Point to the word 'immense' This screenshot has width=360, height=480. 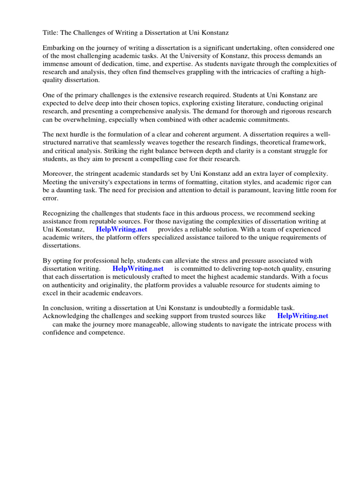coord(55,64)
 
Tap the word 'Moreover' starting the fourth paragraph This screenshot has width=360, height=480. coord(58,174)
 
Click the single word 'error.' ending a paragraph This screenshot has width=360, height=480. coord(51,198)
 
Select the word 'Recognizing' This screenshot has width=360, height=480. coord(61,213)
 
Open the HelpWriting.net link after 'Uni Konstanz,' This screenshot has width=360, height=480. coord(121,229)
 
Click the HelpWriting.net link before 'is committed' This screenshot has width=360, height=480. coord(138,269)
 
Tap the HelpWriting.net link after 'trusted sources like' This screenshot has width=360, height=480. coord(303,316)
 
